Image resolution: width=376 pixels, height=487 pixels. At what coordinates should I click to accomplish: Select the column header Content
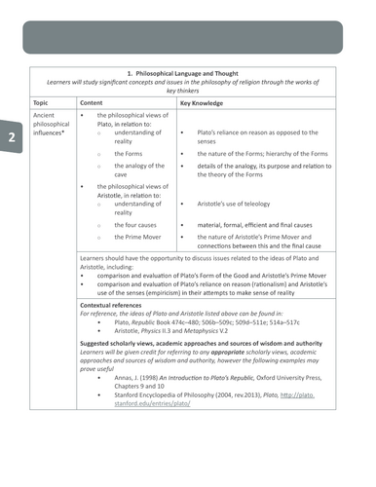93,101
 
